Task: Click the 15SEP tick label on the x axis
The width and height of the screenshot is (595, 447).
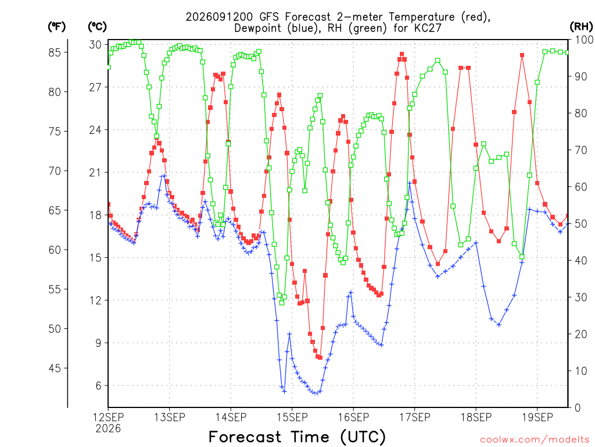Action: (x=292, y=417)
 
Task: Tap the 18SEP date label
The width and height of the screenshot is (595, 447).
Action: (x=476, y=417)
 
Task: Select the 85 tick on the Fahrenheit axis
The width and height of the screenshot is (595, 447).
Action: (x=55, y=52)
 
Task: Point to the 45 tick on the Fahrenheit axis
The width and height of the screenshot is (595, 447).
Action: (x=55, y=368)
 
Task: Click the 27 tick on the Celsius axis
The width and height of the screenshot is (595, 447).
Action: (x=95, y=87)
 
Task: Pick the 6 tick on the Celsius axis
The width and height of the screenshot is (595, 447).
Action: (x=98, y=386)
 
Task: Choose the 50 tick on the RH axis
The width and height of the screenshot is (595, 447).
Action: (x=581, y=224)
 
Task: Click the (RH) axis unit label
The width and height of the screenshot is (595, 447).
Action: (x=581, y=26)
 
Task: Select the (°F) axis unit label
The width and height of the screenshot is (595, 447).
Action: (x=57, y=27)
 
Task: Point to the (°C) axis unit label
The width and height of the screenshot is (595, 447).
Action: (x=98, y=27)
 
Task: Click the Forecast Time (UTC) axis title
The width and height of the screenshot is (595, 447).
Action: (x=297, y=437)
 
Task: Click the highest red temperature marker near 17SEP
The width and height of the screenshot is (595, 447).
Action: (x=402, y=54)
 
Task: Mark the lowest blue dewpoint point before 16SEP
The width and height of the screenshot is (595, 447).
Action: (x=315, y=393)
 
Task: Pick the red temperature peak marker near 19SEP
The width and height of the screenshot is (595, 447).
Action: (x=522, y=55)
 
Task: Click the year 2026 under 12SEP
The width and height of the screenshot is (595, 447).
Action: (x=108, y=429)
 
